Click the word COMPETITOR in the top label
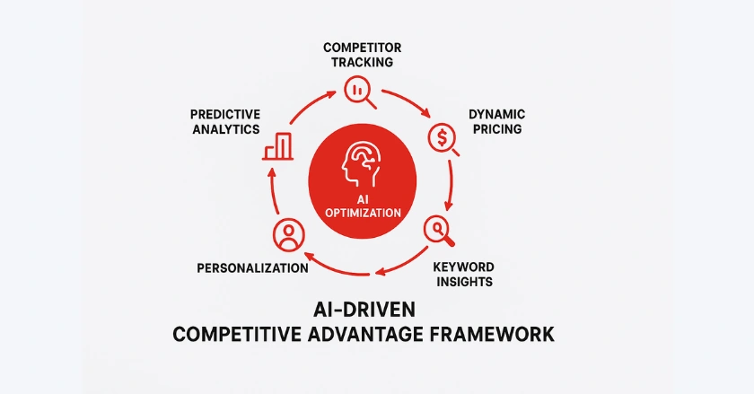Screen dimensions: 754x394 [x=362, y=48]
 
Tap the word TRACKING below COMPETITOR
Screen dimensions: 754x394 [x=362, y=62]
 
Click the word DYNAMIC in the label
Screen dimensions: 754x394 [x=496, y=115]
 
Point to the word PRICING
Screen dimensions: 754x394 [x=497, y=129]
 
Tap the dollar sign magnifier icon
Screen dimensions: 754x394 [x=443, y=140]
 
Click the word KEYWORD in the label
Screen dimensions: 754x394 [x=463, y=267]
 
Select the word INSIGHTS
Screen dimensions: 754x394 [x=465, y=282]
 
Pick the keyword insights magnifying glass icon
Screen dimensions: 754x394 [x=439, y=232]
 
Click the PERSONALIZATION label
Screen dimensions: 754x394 [x=253, y=268]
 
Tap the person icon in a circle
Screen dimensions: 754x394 [x=288, y=235]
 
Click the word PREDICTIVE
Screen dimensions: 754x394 [x=225, y=115]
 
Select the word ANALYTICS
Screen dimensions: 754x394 [x=226, y=129]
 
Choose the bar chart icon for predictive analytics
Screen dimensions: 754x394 [x=278, y=146]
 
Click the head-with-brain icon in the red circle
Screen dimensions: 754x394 [x=362, y=163]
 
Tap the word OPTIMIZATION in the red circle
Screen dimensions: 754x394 [x=363, y=213]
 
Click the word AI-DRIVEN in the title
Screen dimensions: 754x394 [x=364, y=310]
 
